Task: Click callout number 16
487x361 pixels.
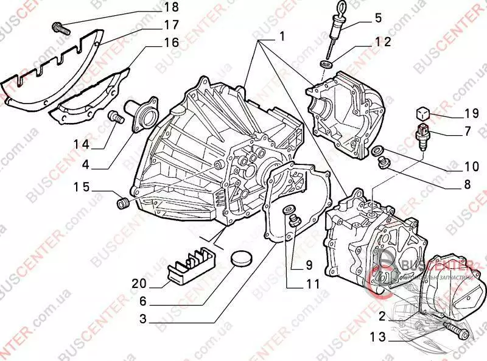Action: point(172,43)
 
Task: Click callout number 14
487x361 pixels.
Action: point(82,145)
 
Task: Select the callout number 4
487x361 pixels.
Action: point(86,164)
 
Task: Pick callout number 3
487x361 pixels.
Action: point(143,318)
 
